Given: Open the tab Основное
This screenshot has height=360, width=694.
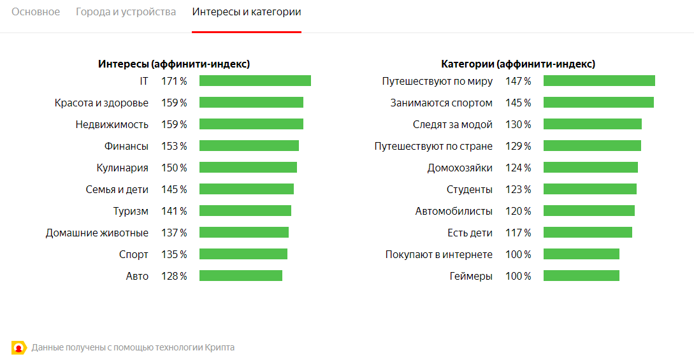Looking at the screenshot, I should coord(36,12).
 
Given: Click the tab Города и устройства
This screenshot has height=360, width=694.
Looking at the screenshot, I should coord(126,12).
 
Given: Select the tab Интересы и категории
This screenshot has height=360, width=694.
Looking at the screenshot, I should coord(246,12).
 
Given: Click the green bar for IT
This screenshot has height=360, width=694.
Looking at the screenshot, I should coord(255,81).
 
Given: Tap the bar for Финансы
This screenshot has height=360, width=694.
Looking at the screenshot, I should coord(249,146).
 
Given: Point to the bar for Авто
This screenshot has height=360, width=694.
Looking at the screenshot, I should coord(240,276).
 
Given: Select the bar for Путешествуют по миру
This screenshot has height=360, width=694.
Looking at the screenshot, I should coord(599,81).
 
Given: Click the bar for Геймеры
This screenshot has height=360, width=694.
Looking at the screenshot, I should coord(581,276).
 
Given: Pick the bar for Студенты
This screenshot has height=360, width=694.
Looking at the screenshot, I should coord(589,189).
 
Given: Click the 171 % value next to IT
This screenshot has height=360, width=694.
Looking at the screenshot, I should coord(174,81).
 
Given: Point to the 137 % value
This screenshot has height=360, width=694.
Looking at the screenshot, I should coord(174,233).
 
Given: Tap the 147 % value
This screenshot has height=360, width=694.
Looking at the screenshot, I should coord(518,81).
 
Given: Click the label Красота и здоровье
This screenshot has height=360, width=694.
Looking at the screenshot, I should coord(101,103).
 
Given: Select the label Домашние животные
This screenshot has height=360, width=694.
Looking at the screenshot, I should coord(97,233).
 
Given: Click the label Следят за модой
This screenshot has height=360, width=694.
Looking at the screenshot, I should coord(452,124).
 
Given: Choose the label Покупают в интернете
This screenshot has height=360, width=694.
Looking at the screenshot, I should coord(438,254).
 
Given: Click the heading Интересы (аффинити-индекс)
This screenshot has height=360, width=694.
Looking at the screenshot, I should coord(173,64).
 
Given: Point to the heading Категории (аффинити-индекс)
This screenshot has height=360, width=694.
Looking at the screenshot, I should coord(518,64).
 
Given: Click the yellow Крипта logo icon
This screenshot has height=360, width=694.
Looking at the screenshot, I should coord(19,347).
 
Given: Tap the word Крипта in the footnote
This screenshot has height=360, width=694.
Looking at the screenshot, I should coord(220,347).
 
